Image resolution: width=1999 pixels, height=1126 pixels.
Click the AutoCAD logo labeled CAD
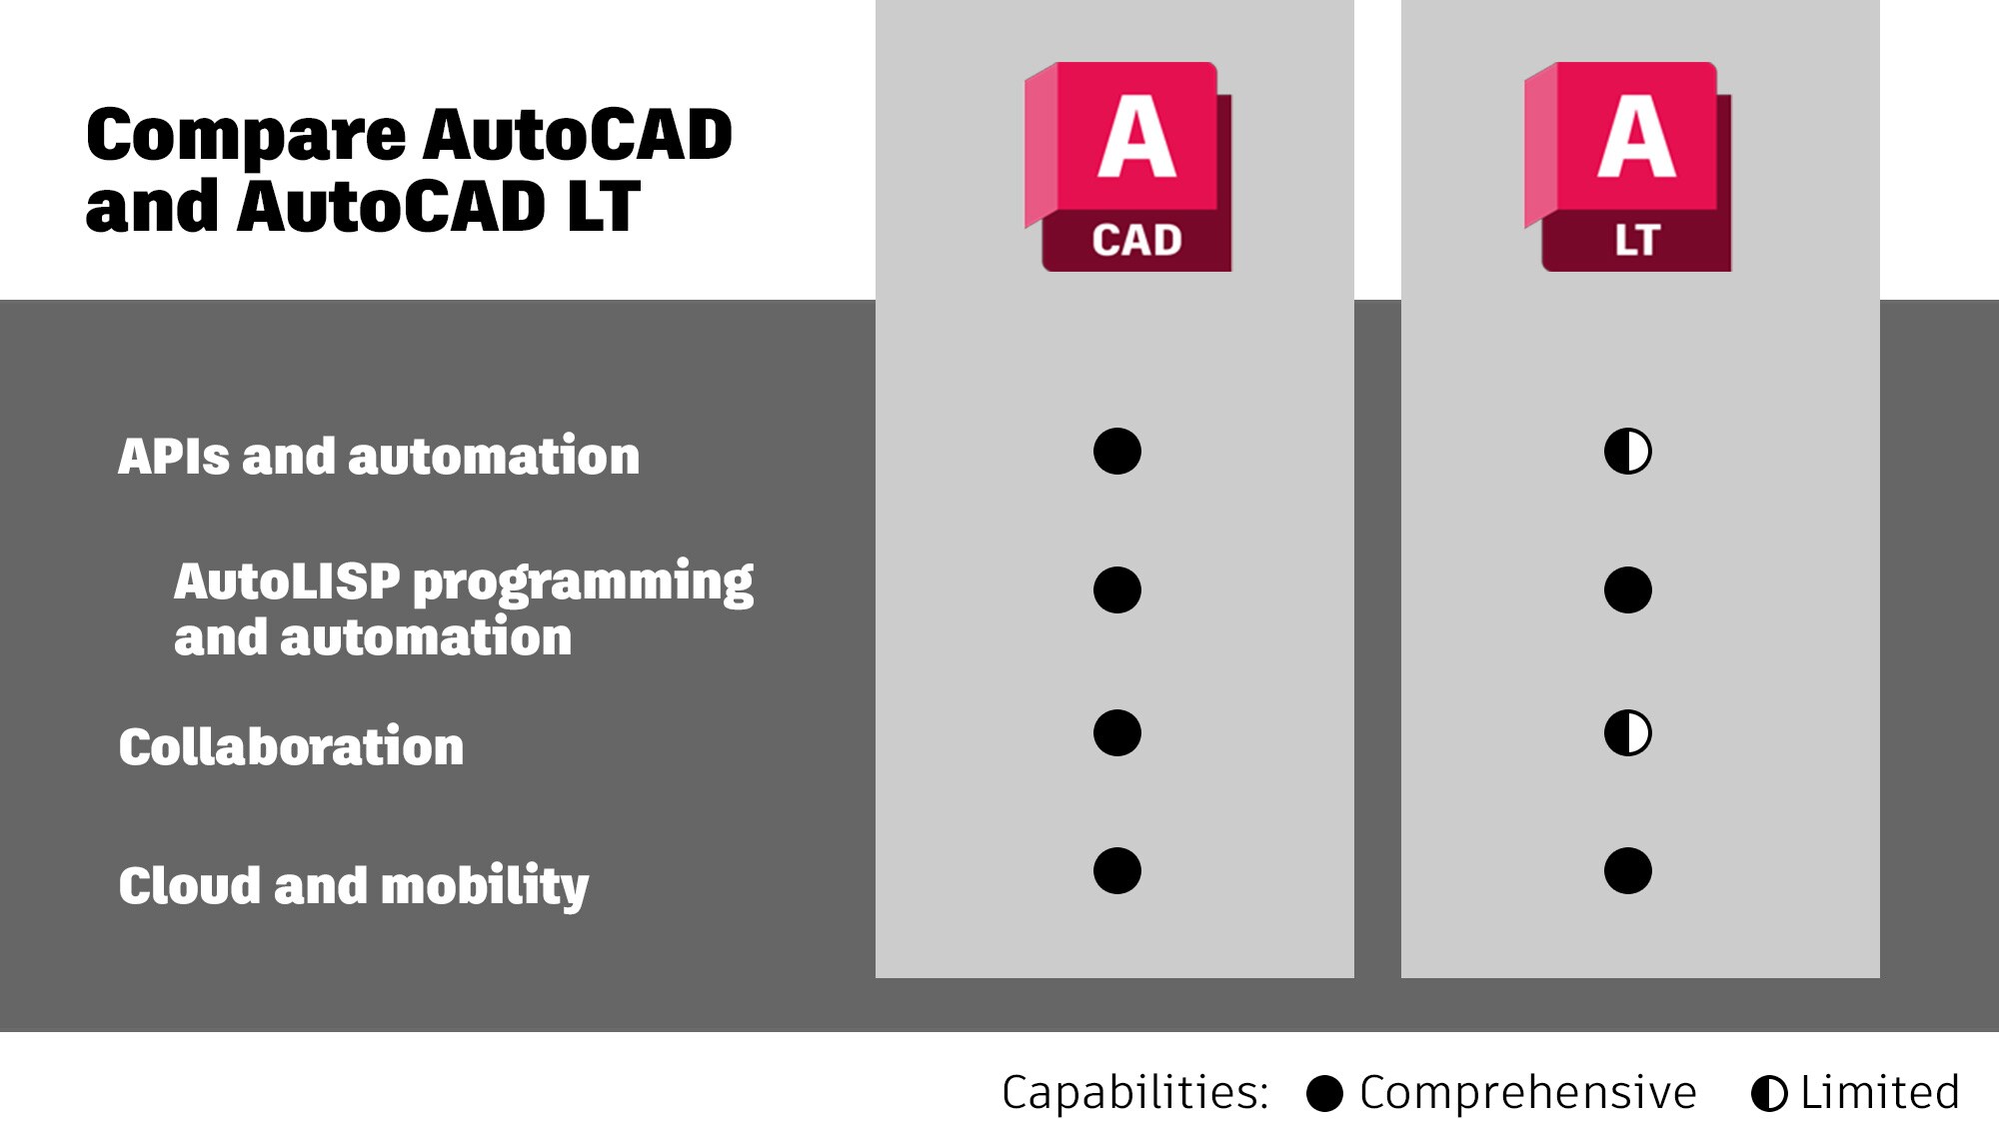(1127, 167)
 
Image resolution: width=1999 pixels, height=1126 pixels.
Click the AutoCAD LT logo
(1627, 167)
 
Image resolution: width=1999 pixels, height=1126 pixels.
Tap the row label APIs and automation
(379, 456)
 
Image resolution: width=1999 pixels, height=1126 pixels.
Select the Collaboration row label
(291, 746)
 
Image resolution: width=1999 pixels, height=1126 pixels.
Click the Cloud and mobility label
(354, 886)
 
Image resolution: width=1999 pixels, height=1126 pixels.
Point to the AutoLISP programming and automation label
(464, 609)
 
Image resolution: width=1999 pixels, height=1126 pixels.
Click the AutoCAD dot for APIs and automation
(1117, 452)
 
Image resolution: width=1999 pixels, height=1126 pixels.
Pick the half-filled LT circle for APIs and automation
(1628, 452)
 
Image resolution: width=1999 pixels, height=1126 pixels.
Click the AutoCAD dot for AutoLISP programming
(1117, 589)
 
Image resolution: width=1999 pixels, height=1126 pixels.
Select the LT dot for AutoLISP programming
(1628, 589)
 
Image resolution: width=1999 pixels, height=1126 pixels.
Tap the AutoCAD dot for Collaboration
(1117, 733)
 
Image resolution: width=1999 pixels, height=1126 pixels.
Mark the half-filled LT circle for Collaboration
(1628, 733)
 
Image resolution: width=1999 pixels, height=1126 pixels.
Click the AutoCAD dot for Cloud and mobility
(1117, 870)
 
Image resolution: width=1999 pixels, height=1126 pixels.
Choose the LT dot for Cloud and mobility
(1628, 870)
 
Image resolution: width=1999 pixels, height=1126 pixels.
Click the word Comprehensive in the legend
(1528, 1093)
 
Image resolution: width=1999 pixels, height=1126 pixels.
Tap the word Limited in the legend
(1880, 1092)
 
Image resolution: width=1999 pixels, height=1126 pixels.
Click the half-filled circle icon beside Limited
(1769, 1094)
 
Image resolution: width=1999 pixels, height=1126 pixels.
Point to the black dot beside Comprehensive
(1324, 1094)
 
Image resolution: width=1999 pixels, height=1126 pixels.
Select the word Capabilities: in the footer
(1135, 1093)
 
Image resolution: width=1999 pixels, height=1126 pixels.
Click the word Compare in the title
(247, 136)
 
